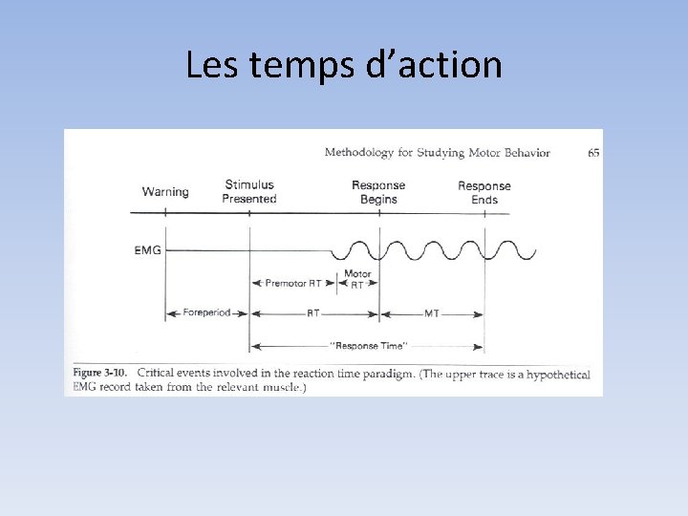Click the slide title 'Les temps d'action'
344,65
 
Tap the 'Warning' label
165,192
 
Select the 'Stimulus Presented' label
249,192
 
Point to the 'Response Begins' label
378,192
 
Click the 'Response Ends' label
484,192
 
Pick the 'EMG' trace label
148,251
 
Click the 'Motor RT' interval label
357,279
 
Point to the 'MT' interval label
432,313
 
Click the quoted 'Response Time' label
369,345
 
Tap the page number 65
593,153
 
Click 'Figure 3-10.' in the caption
101,373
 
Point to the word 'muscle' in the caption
280,387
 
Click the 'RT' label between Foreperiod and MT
313,313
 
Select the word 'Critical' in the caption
159,373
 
